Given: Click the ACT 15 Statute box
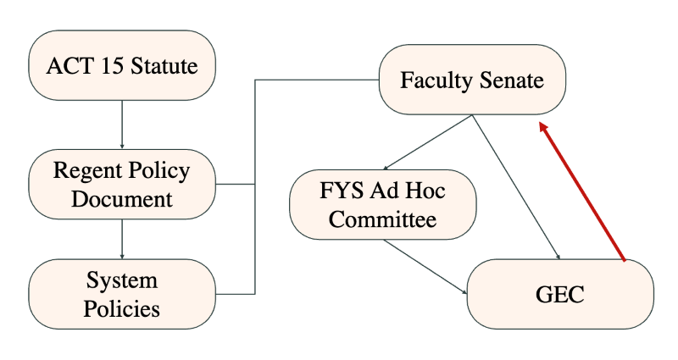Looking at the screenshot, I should [122, 65].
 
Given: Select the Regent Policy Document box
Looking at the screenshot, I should [122, 185].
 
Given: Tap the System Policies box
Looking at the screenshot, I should [122, 293].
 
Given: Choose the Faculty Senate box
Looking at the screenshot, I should [471, 81].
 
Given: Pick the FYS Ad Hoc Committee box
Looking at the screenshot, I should [382, 206].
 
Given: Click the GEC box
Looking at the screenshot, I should [560, 293].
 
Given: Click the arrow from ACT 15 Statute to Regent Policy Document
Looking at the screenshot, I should [122, 125].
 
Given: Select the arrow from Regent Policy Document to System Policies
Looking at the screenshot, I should [122, 239].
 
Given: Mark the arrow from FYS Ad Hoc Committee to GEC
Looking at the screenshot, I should [425, 266].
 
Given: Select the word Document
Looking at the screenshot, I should [122, 199].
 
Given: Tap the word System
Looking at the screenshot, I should [122, 280].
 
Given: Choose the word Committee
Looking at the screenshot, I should [382, 220].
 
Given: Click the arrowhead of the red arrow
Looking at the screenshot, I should [544, 128].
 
